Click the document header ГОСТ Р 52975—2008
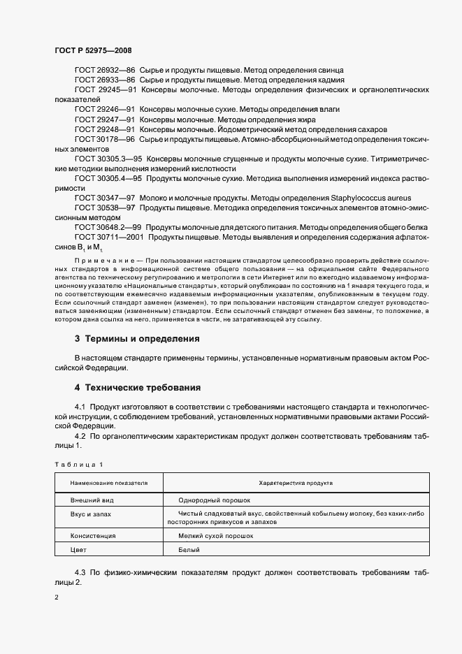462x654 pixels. click(93, 50)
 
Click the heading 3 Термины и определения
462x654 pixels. click(137, 339)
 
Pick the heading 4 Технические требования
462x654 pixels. click(138, 386)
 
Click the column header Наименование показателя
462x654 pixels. click(109, 483)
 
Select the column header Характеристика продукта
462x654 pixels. click(296, 483)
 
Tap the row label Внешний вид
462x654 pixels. click(92, 500)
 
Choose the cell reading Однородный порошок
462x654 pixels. click(208, 500)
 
